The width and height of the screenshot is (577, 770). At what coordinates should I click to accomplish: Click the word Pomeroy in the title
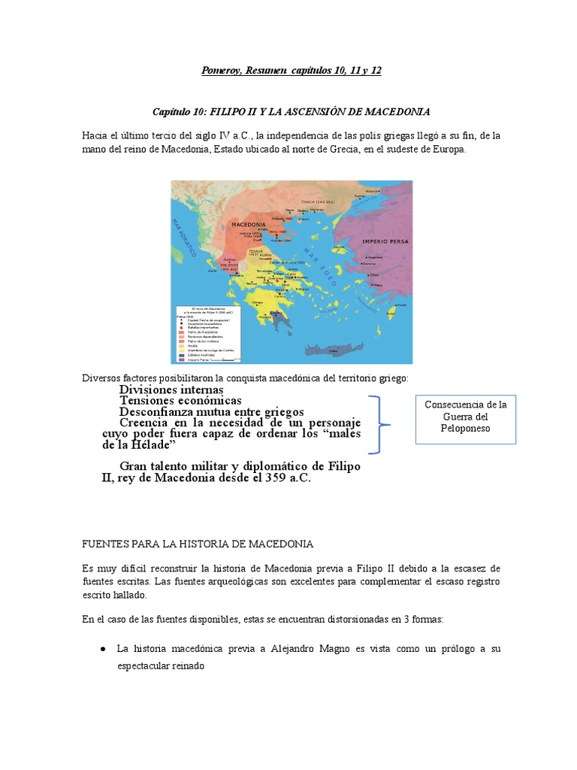(x=224, y=71)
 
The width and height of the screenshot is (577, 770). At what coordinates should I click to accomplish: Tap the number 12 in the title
(x=375, y=71)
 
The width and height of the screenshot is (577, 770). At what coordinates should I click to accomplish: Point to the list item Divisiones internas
(x=171, y=390)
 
